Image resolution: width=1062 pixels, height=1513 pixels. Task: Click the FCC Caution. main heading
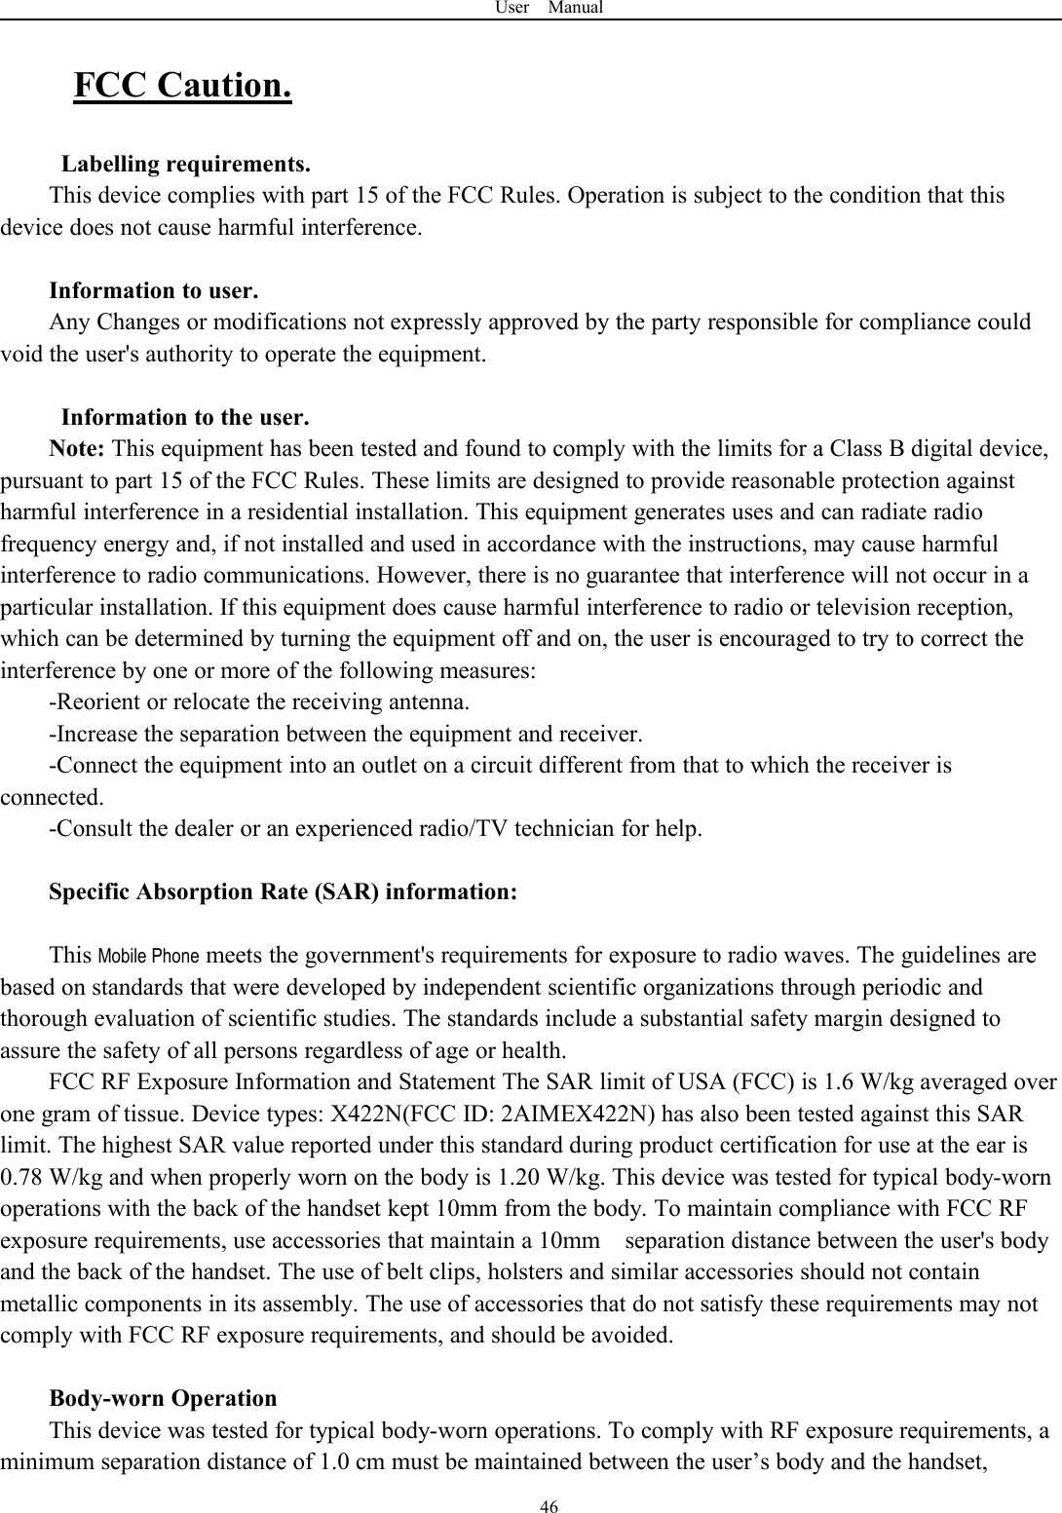click(x=183, y=87)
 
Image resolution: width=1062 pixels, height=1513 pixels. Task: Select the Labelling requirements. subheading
click(x=187, y=162)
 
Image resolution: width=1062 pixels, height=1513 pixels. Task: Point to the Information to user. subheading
click(x=154, y=290)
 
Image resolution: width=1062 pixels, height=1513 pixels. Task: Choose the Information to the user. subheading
click(x=186, y=418)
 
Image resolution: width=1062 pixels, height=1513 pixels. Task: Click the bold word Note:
click(x=80, y=450)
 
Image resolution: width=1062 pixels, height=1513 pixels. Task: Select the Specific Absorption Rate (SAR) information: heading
click(x=283, y=892)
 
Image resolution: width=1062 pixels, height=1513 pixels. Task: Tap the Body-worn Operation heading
click(x=163, y=1399)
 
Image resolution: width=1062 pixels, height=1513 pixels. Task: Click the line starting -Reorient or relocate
click(x=259, y=702)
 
